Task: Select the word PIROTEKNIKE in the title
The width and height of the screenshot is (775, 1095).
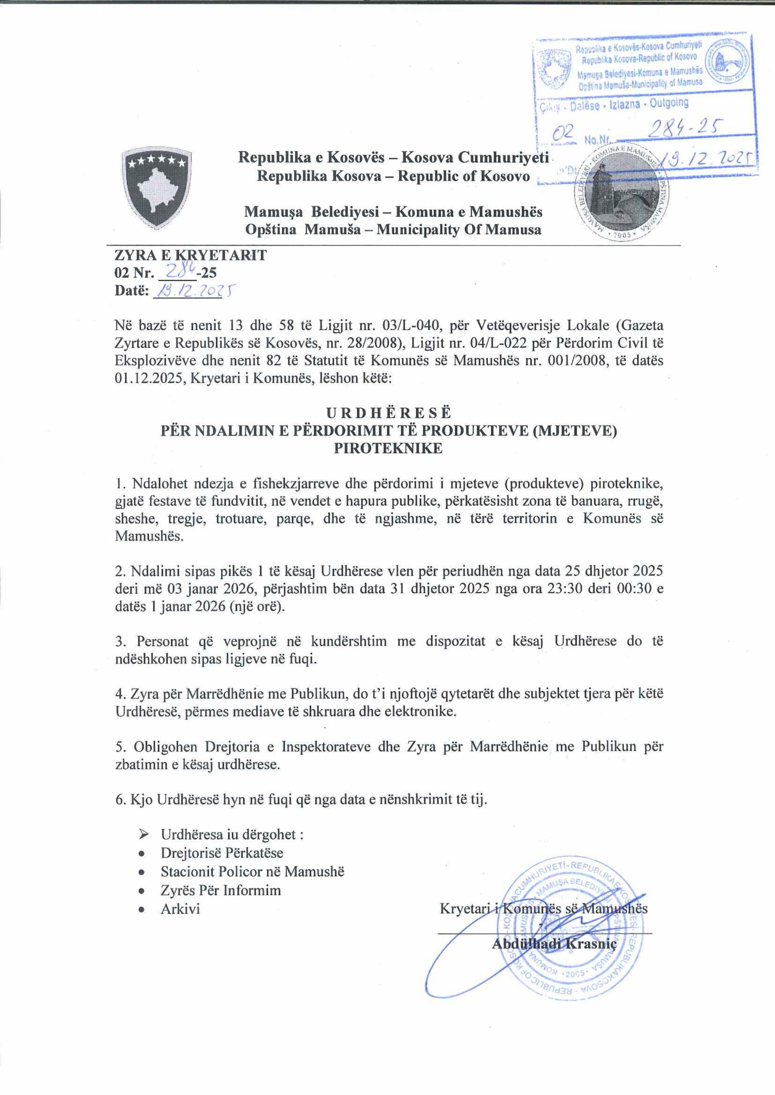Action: pos(388,449)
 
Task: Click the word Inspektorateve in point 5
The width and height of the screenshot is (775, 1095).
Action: pos(327,746)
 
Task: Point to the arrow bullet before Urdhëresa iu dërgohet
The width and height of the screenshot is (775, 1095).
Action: pos(143,835)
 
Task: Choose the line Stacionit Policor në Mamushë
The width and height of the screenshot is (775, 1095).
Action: pos(252,872)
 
